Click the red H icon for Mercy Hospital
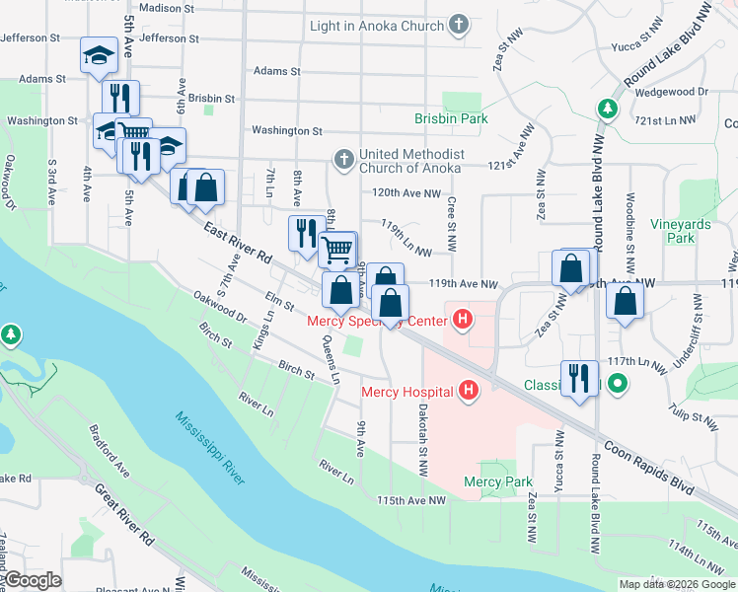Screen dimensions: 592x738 click(x=469, y=392)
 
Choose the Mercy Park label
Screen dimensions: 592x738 click(x=498, y=481)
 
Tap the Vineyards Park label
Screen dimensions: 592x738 click(x=680, y=231)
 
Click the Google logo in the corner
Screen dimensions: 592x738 click(x=33, y=580)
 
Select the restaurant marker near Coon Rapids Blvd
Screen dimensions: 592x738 click(x=579, y=378)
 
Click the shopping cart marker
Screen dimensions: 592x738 click(x=337, y=251)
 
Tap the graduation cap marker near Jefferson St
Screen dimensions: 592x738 click(x=99, y=55)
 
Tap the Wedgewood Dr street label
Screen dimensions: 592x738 click(x=676, y=91)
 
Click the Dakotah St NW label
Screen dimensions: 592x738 click(x=422, y=442)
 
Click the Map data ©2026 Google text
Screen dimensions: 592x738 click(x=677, y=584)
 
